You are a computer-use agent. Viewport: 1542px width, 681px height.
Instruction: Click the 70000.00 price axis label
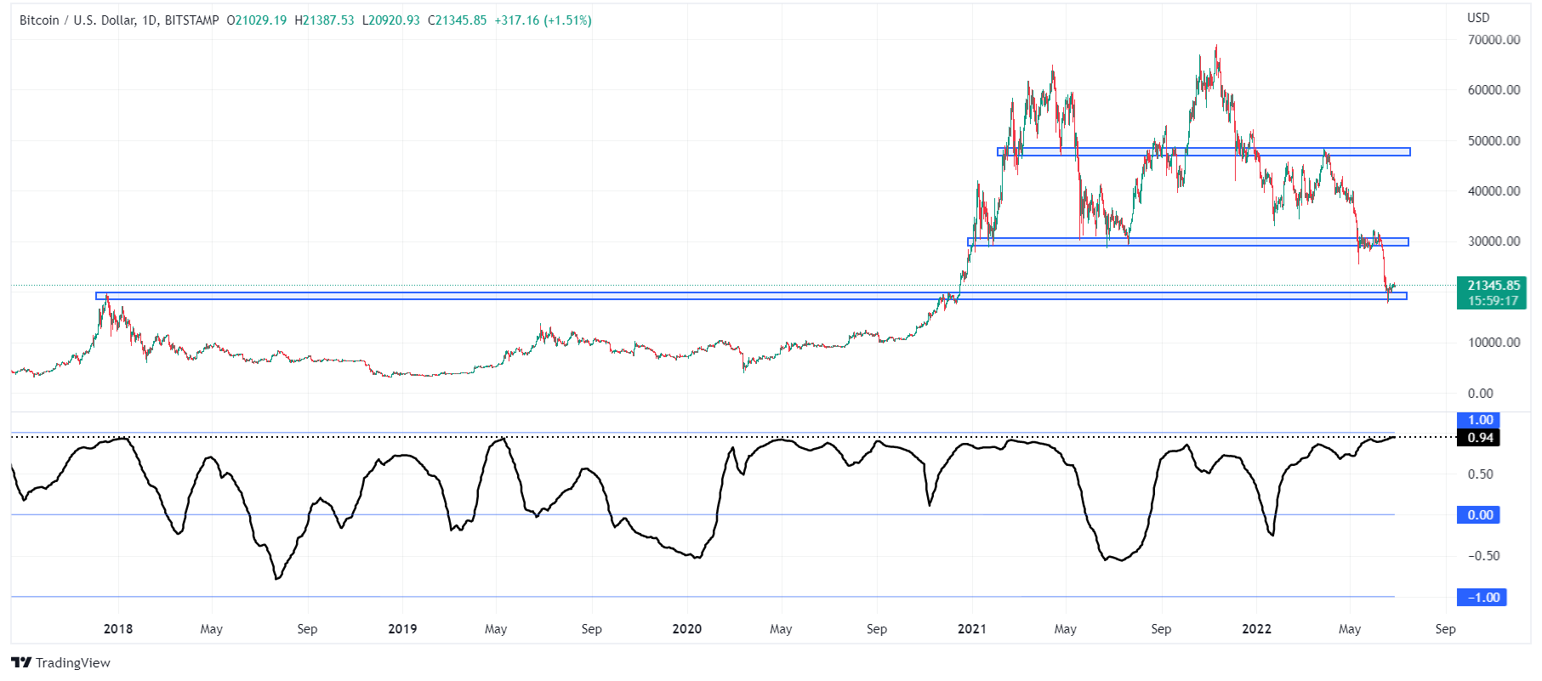1494,40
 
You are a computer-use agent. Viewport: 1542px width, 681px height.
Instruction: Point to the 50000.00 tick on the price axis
1494,141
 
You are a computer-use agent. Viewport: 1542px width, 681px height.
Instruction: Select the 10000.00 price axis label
1494,343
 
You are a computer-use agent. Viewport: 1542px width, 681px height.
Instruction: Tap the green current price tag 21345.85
1493,286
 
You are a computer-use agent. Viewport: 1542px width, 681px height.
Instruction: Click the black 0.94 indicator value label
1480,438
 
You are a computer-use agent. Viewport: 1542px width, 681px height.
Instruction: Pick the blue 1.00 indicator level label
1480,420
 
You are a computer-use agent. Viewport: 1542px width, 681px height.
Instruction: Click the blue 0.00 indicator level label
1480,515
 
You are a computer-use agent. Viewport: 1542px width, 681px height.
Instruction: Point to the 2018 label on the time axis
118,629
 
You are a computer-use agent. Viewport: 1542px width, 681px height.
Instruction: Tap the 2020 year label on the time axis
687,629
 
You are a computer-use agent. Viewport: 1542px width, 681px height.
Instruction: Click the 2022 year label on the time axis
1256,629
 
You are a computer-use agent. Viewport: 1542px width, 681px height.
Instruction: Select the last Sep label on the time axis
1445,629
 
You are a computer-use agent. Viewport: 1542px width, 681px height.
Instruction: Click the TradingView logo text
72,663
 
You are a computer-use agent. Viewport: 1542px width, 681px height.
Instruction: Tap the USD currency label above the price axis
1478,18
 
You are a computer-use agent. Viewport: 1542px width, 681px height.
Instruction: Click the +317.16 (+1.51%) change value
543,20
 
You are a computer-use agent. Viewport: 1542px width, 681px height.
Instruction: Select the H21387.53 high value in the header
324,20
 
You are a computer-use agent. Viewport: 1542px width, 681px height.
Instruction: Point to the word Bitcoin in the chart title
39,20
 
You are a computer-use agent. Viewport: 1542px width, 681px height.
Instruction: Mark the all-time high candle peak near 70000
1216,47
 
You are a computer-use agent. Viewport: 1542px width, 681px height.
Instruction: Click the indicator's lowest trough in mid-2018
277,579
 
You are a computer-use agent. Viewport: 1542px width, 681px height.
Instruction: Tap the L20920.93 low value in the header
391,20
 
